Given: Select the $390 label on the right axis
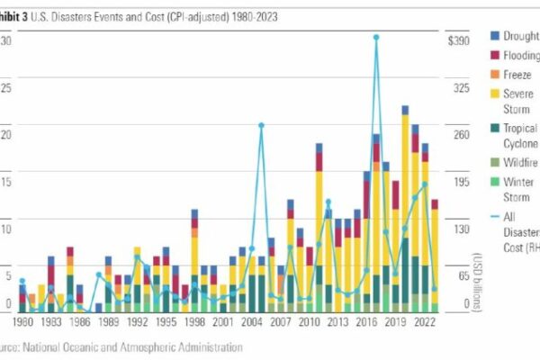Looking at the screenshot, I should tap(461, 41).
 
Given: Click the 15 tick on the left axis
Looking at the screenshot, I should tap(6, 182).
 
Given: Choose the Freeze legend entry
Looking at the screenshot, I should tap(517, 76).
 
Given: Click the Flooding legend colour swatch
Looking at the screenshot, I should tap(495, 55).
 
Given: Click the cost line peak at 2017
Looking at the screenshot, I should tap(375, 38).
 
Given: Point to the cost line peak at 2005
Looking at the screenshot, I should tap(261, 125).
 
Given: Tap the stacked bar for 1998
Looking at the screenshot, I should tap(194, 261).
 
